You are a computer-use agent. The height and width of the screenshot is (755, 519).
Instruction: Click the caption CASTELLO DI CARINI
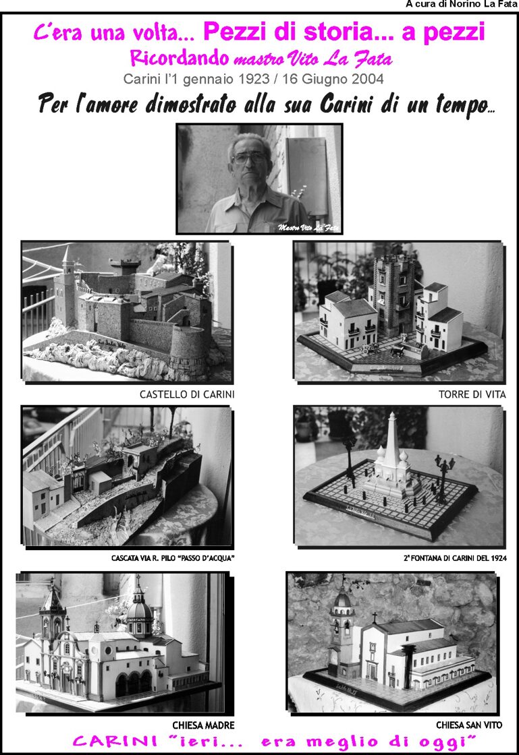187,394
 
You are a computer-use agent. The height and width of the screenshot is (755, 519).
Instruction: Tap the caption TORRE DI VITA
472,394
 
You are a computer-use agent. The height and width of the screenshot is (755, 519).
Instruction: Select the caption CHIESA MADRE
203,725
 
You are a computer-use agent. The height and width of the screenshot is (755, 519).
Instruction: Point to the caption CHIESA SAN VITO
469,725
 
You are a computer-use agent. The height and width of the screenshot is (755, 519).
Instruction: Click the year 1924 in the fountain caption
498,558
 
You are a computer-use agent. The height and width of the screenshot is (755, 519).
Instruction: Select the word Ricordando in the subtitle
180,58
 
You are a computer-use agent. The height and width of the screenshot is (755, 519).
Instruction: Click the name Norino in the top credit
465,4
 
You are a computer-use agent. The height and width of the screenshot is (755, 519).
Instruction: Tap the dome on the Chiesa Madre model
139,609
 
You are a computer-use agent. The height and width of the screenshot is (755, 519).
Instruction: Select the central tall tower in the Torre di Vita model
395,294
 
